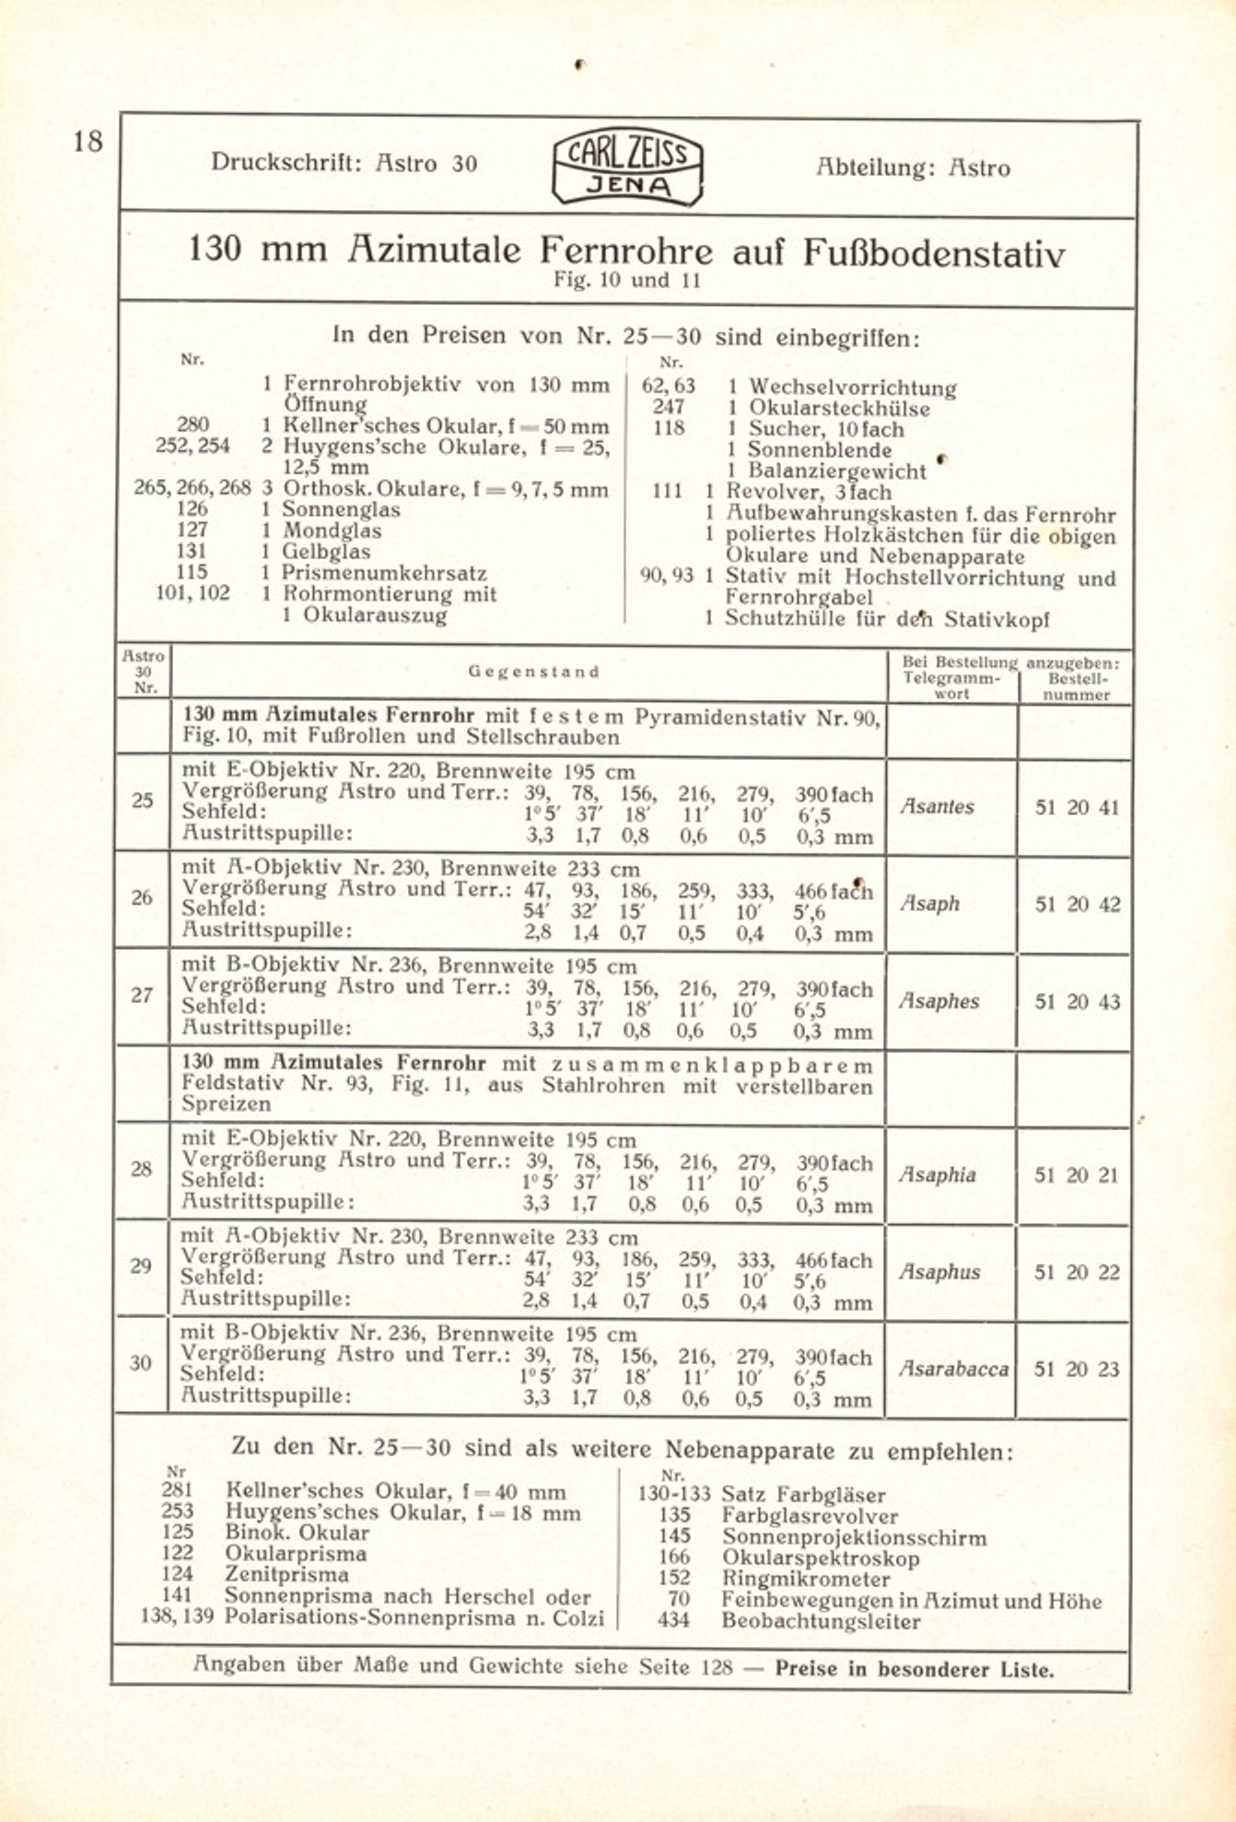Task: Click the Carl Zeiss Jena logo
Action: click(627, 166)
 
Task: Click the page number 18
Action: click(88, 141)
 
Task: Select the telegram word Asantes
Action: click(937, 807)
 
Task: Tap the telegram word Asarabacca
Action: click(953, 1369)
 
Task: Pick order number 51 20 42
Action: click(1077, 905)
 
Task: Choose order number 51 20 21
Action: click(1076, 1175)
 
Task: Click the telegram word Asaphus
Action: click(939, 1272)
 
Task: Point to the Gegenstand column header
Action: click(533, 672)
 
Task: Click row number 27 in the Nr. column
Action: click(142, 995)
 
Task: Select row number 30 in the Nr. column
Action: click(141, 1363)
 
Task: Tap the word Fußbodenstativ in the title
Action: click(933, 251)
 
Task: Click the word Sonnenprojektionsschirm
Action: click(853, 1537)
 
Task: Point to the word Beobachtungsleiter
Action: click(821, 1621)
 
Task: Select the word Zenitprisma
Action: click(286, 1574)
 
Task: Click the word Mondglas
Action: click(332, 531)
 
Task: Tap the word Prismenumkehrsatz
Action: click(384, 573)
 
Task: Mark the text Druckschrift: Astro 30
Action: click(344, 163)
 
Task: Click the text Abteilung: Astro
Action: click(913, 168)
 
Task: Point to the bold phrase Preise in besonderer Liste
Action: click(914, 1669)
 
